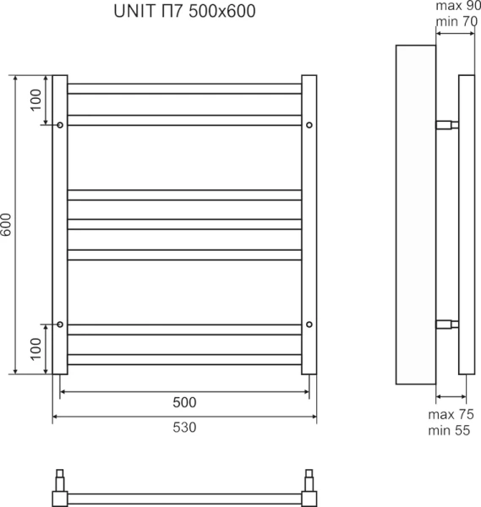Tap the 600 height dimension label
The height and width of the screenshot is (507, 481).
8,225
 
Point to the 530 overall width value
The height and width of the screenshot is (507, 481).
183,428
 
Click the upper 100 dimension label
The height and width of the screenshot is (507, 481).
35,101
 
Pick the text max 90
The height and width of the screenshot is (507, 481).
456,7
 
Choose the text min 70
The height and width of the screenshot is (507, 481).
456,20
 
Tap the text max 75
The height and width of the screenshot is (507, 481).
451,414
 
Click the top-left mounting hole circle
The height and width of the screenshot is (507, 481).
60,126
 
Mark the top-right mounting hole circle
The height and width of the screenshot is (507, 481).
309,126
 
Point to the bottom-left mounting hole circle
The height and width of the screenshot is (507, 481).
60,324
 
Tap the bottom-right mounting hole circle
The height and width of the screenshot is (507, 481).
309,324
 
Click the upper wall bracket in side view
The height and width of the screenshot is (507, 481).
446,126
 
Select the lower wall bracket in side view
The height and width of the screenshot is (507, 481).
446,324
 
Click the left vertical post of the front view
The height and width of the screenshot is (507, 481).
60,225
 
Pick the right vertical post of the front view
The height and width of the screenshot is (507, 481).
309,225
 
